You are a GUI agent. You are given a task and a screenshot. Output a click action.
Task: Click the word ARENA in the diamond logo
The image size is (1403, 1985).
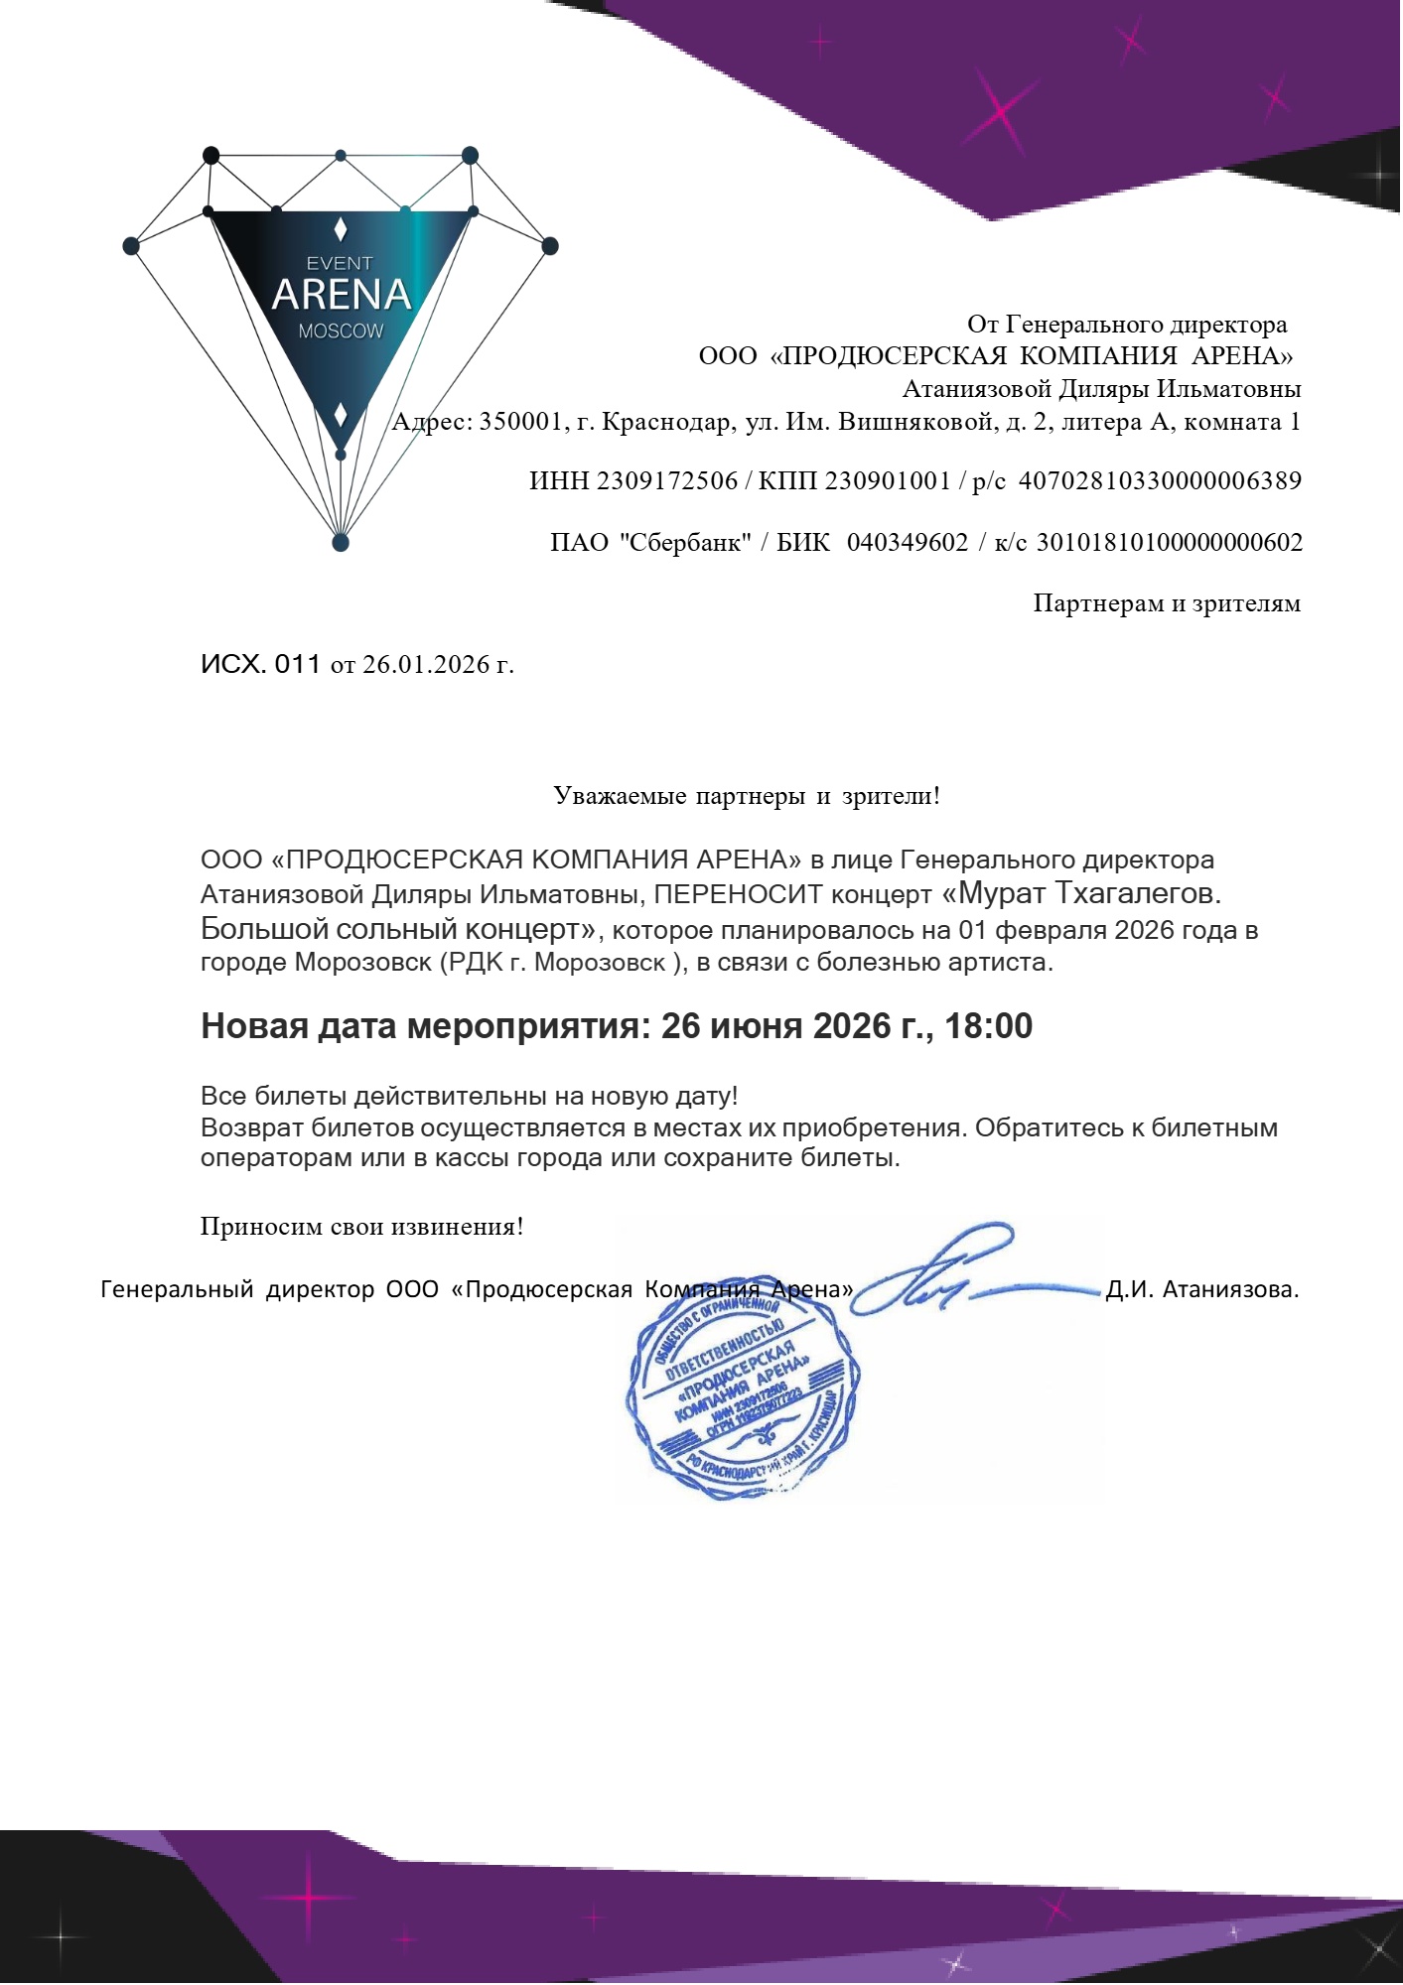point(341,295)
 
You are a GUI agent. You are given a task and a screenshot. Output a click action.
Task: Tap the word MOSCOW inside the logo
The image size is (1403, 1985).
point(341,331)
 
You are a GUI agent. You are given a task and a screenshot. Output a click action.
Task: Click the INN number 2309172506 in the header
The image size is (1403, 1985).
point(667,481)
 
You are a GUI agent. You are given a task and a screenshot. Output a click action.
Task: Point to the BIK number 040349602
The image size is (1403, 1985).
point(907,543)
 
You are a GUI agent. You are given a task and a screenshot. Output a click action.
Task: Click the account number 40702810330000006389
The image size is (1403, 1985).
point(1161,481)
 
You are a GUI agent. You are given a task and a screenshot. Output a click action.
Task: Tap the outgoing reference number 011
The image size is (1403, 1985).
point(298,664)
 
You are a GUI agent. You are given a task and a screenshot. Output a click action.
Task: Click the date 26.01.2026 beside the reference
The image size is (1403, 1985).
point(426,664)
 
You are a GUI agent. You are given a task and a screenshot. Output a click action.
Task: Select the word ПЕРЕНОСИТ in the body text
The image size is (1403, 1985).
point(739,894)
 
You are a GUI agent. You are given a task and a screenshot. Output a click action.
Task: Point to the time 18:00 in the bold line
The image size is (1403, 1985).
point(989,1025)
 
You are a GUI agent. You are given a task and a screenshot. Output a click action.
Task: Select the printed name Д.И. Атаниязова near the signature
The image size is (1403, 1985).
point(1201,1290)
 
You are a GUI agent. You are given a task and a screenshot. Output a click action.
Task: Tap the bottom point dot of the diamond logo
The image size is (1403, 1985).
point(341,542)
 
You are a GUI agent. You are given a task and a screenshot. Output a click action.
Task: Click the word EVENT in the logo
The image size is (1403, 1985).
point(340,263)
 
